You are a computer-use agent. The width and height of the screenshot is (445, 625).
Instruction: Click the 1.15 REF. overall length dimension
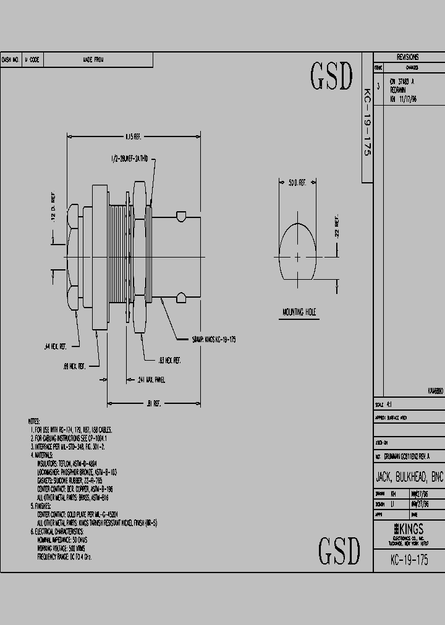[x=133, y=136]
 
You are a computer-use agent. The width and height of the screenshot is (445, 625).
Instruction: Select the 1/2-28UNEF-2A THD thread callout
[x=138, y=159]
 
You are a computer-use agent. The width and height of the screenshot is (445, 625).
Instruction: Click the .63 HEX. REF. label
[x=168, y=359]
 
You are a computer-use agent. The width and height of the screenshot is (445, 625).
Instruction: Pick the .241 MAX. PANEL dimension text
[x=151, y=380]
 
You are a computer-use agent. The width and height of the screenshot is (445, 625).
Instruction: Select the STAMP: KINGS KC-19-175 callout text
[x=213, y=340]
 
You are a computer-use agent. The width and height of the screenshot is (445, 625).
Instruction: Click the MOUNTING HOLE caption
[x=299, y=312]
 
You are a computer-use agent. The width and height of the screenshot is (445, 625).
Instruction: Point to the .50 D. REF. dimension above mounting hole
[x=297, y=183]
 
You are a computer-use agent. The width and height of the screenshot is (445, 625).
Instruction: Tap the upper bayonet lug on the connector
[x=180, y=216]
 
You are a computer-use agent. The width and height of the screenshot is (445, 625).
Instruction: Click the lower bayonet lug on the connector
[x=180, y=298]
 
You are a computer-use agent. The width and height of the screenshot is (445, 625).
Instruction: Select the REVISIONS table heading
[x=407, y=57]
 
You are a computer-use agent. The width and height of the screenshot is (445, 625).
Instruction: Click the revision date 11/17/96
[x=407, y=98]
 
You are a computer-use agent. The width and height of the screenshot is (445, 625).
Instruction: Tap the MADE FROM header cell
[x=94, y=60]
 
